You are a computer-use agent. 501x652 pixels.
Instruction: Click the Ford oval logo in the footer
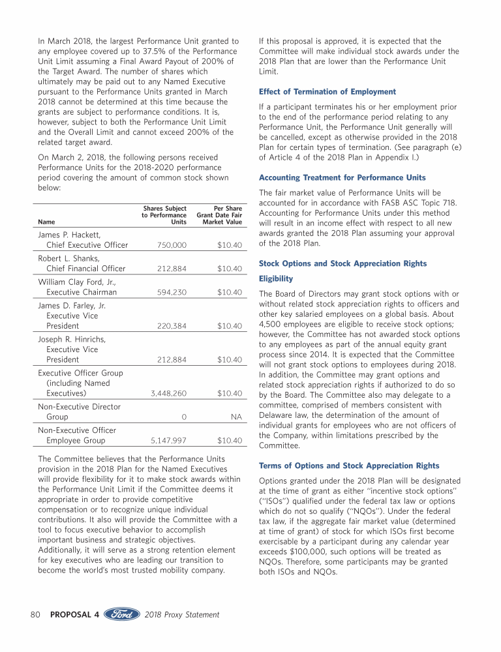(x=122, y=614)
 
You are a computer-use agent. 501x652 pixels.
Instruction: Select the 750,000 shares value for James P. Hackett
(x=172, y=245)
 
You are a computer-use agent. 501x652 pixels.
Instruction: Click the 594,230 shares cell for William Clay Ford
(x=172, y=292)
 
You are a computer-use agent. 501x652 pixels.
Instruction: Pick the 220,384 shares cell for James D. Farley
(x=172, y=326)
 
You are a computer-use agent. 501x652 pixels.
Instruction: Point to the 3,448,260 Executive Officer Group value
(x=168, y=394)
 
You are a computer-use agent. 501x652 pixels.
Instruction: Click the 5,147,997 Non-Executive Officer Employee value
(x=168, y=441)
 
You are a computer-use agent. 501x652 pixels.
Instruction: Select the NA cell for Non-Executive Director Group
(x=237, y=417)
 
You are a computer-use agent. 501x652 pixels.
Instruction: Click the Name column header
(x=46, y=222)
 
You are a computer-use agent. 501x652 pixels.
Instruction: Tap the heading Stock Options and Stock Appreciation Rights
(x=343, y=263)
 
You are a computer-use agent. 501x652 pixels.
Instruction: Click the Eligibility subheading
(x=276, y=278)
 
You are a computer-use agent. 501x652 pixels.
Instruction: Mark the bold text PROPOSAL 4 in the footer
(x=74, y=614)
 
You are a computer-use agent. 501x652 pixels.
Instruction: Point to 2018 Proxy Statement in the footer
(x=182, y=614)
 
